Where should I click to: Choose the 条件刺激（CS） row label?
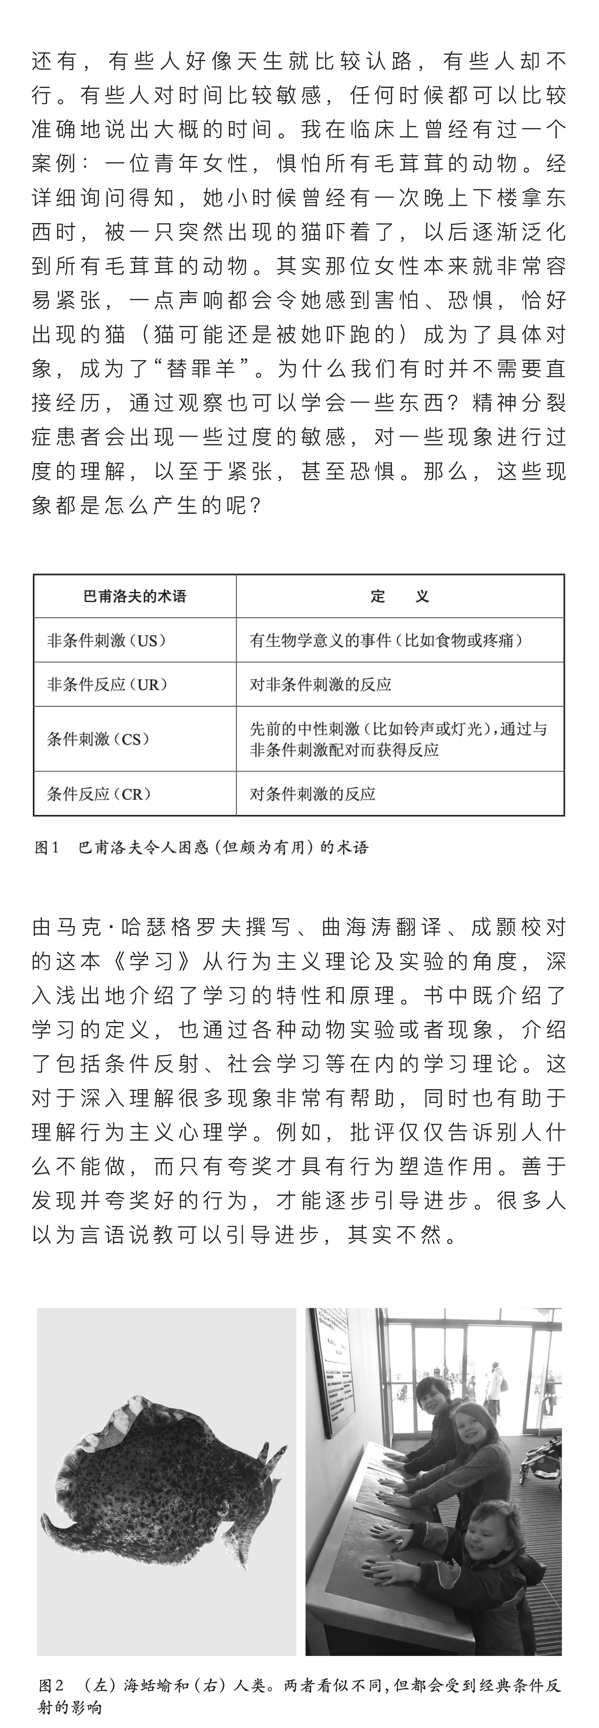(x=98, y=739)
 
